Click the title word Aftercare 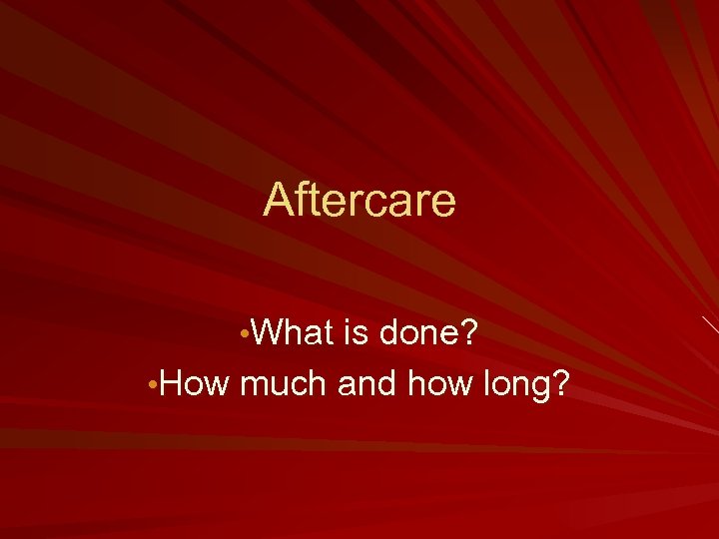tap(359, 200)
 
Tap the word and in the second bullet tap(369, 382)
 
